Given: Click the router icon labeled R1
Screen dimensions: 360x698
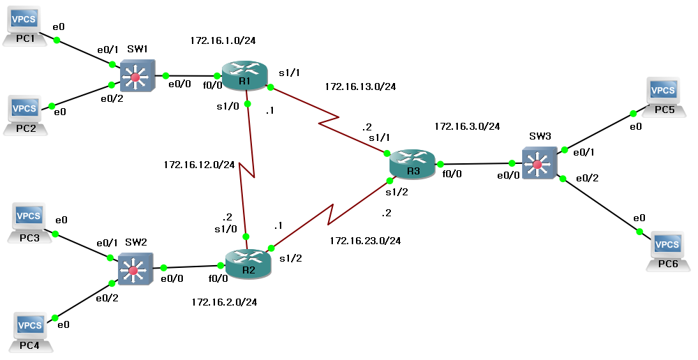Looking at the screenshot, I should [x=244, y=75].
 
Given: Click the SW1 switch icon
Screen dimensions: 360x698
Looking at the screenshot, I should [x=135, y=75].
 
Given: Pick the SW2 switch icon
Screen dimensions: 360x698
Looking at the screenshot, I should [x=135, y=268].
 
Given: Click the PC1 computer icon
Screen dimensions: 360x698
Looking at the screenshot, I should [x=27, y=24].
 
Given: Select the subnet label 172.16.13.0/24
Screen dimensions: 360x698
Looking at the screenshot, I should [x=360, y=87].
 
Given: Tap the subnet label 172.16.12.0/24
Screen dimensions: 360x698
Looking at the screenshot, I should [x=199, y=165].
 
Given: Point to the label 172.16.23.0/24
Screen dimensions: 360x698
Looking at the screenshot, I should [x=364, y=241].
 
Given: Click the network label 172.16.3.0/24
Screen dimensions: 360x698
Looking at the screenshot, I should [x=467, y=127].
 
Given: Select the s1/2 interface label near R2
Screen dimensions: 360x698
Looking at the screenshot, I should [x=291, y=258].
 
